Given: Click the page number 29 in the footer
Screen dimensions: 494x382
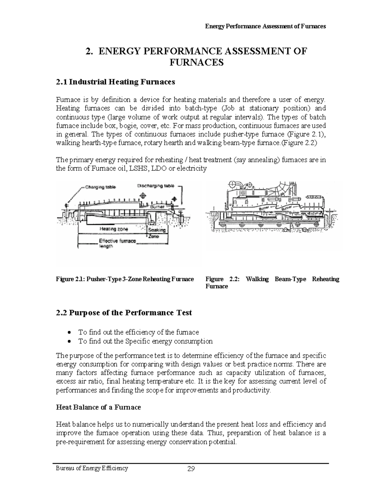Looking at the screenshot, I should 191,469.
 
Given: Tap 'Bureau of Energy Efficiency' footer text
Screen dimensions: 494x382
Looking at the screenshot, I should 92,468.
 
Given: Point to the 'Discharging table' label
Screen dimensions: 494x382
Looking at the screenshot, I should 156,186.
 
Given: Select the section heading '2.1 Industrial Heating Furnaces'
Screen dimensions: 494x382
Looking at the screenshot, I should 116,82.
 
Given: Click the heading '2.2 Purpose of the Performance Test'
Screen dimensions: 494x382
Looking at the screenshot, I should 124,313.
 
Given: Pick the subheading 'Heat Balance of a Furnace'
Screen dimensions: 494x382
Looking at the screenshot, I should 98,407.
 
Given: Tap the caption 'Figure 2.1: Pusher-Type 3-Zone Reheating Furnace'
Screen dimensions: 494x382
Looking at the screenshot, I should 125,279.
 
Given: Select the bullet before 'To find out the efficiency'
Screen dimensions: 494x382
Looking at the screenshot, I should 69,332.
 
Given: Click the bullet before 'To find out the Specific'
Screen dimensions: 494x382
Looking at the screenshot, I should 69,342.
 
